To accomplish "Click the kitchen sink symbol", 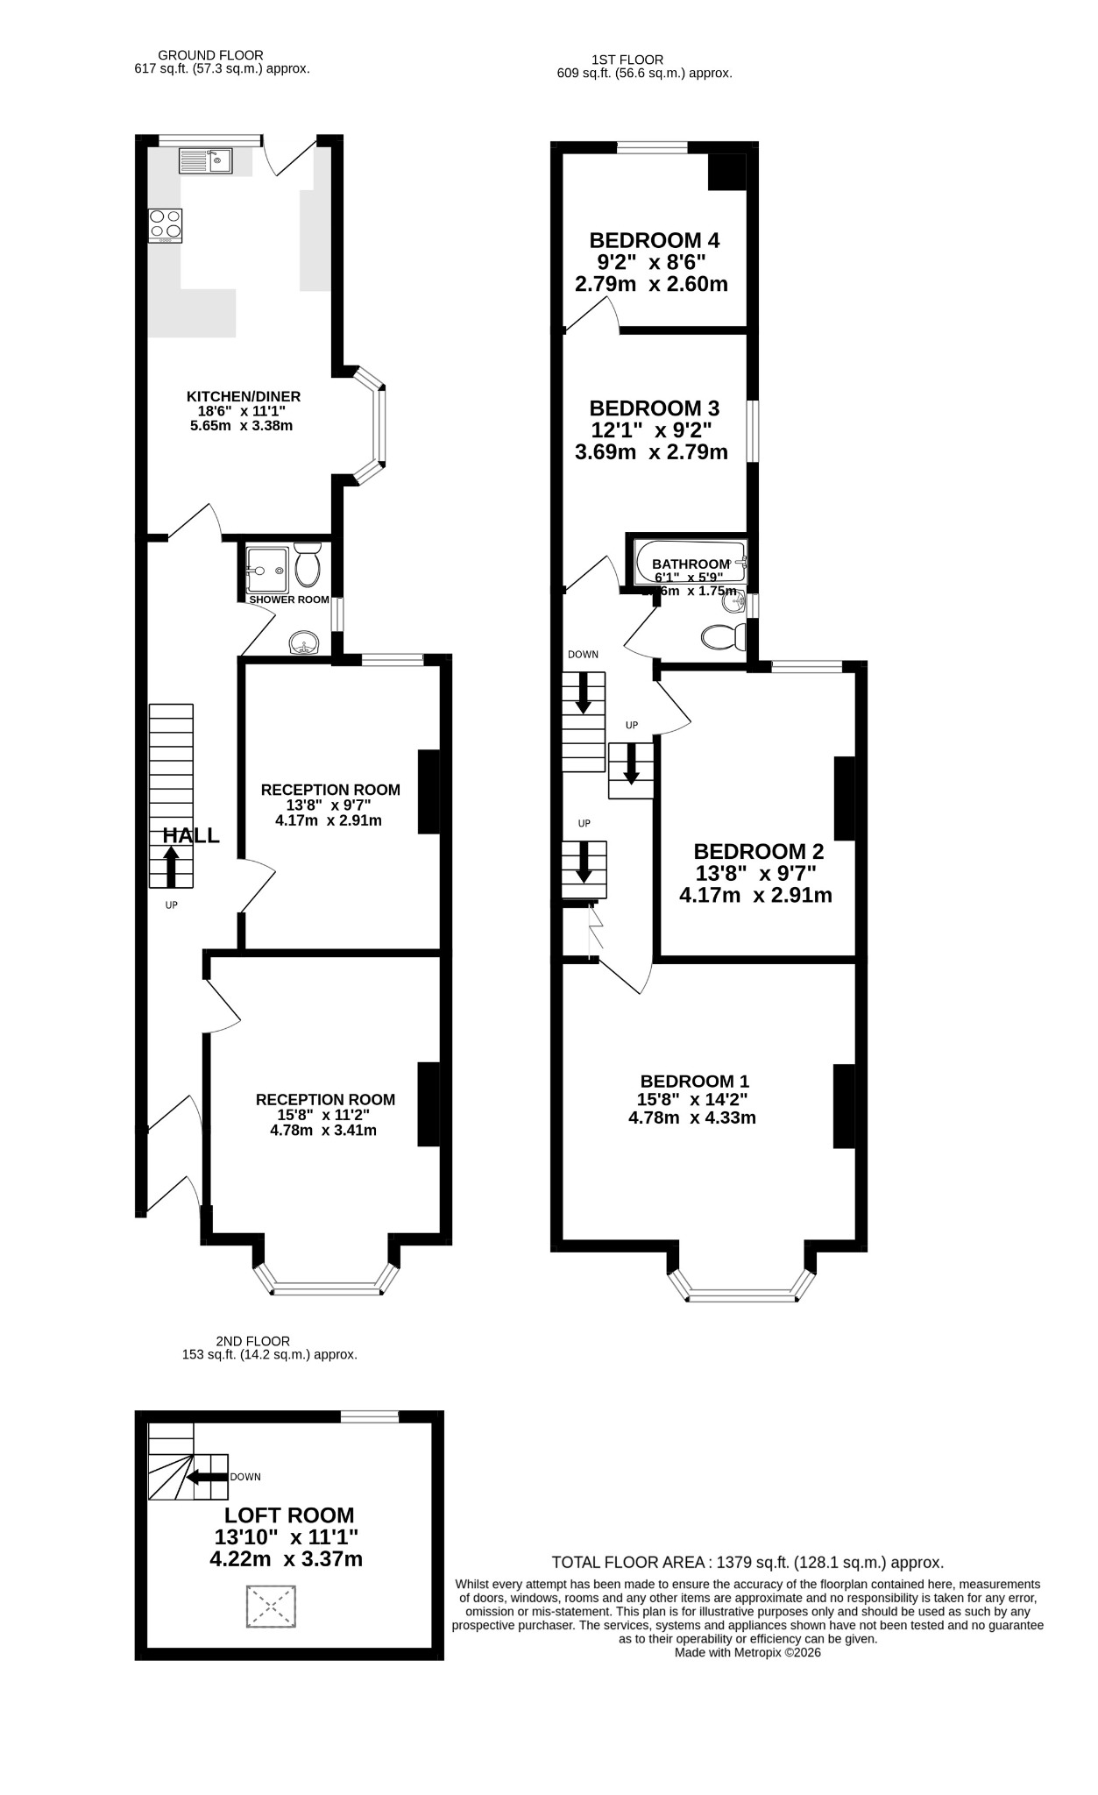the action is click(x=206, y=160).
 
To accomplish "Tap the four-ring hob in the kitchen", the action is click(x=166, y=225).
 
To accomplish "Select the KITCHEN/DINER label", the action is click(x=244, y=396).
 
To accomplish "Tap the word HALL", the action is click(x=191, y=835).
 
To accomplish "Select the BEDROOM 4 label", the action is click(x=655, y=240).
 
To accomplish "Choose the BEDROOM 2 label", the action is click(x=759, y=851).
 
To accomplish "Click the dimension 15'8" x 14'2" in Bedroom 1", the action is click(x=692, y=1099).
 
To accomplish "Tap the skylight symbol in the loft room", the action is click(x=273, y=1607).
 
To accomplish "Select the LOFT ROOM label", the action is click(x=289, y=1515).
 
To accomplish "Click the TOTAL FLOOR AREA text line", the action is click(x=747, y=1562).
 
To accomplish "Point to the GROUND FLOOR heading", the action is click(x=210, y=55).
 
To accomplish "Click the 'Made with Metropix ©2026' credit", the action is click(x=747, y=1652).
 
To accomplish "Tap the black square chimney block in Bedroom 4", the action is click(x=726, y=172).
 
